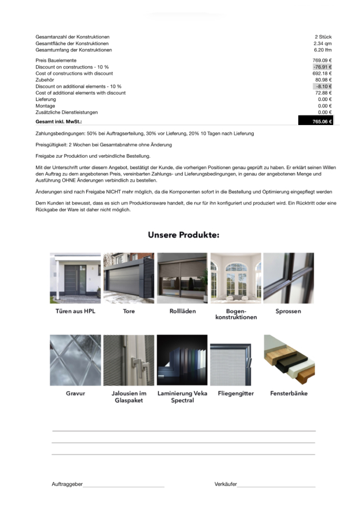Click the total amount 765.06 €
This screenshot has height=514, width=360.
322,122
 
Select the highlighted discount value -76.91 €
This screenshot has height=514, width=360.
322,67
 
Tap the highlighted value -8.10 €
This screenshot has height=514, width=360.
323,86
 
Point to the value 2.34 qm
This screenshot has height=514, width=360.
323,43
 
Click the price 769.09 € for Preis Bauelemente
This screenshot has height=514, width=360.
322,61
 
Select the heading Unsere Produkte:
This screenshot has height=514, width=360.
183,235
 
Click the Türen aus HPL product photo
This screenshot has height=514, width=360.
75,278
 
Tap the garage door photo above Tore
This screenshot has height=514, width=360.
129,278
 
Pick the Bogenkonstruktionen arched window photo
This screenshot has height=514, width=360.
235,278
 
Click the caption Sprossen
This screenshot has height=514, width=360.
288,311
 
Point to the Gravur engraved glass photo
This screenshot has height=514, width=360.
75,360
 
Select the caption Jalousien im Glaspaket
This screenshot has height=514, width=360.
129,397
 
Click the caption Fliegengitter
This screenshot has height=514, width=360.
235,393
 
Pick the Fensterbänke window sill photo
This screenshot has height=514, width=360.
289,360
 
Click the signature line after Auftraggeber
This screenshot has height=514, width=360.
123,486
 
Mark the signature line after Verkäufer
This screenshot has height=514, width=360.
276,486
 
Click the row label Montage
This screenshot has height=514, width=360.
45,106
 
